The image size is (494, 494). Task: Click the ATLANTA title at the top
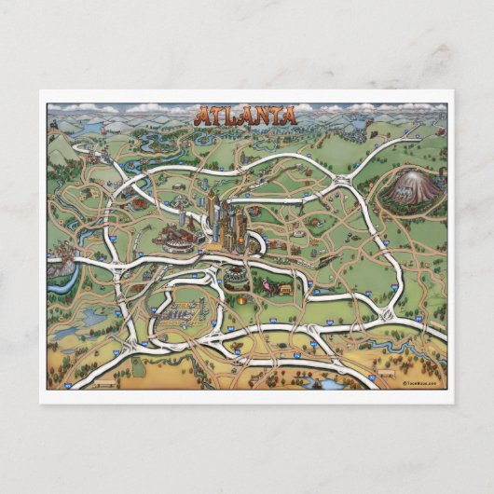pos(246,117)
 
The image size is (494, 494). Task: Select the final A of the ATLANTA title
pos(289,117)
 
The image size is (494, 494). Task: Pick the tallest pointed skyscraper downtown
pos(212,207)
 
